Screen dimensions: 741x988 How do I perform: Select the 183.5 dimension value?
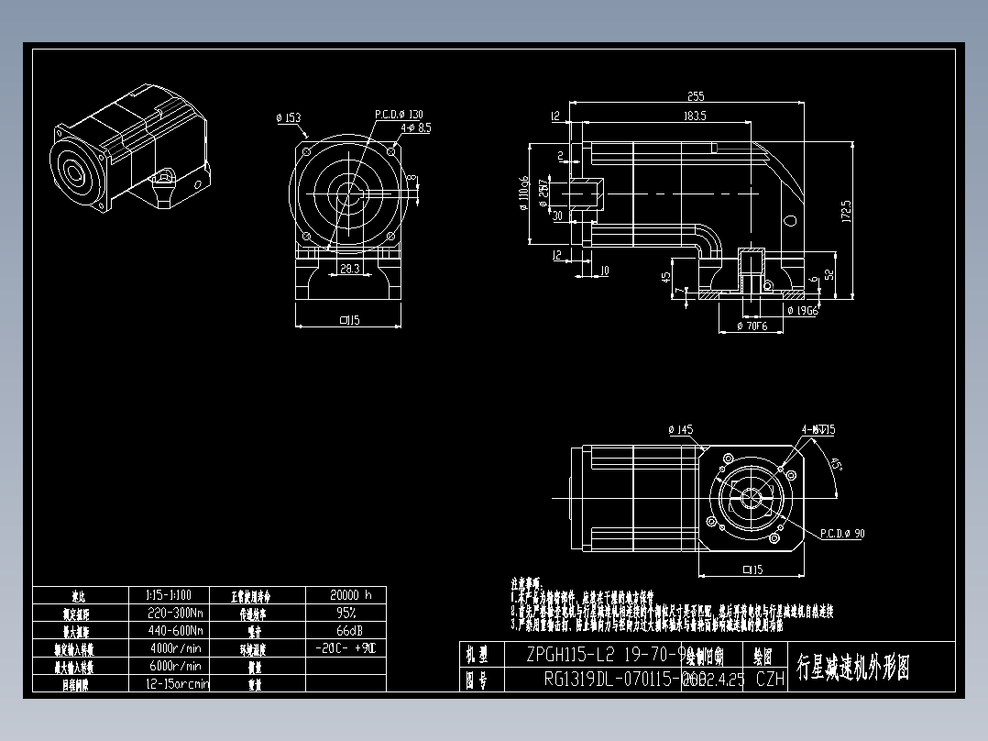[x=694, y=116]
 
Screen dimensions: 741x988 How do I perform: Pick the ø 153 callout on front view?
[x=288, y=117]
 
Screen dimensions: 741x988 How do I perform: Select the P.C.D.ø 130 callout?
[x=399, y=115]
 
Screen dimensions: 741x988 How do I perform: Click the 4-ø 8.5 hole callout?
[x=414, y=128]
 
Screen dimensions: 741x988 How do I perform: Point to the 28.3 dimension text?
[x=349, y=269]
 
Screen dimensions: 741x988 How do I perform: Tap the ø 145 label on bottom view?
[x=681, y=428]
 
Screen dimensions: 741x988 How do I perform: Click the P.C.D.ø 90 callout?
[x=841, y=533]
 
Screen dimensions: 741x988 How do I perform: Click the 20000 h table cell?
[x=346, y=594]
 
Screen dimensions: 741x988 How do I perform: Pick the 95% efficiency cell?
[x=346, y=613]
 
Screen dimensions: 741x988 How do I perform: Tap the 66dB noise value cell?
[x=346, y=630]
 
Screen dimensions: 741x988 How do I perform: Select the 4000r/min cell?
[x=175, y=648]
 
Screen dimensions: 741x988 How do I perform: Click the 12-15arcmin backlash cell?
[x=177, y=683]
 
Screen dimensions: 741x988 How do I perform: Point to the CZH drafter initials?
[x=770, y=680]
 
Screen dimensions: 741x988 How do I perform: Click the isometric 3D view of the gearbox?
[x=131, y=149]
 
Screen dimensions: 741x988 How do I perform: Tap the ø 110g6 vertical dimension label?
[x=523, y=193]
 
